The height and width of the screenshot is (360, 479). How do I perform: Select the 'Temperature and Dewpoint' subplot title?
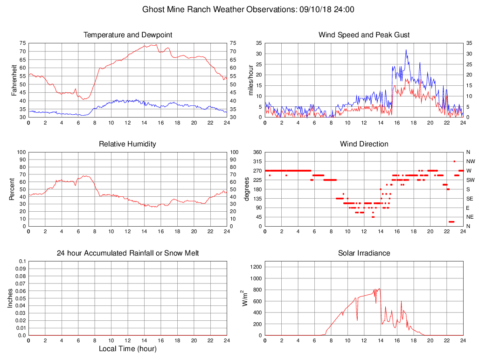[128, 35]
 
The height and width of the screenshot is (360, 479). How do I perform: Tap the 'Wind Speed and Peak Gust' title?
[364, 35]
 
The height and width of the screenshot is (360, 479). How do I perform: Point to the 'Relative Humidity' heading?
[128, 144]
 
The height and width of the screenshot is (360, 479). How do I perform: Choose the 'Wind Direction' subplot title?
[364, 144]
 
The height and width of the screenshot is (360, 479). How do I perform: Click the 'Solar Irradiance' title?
[364, 253]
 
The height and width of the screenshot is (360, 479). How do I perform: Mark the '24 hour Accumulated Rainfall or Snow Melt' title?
[128, 253]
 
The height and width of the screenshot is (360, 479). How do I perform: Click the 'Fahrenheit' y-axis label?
[14, 80]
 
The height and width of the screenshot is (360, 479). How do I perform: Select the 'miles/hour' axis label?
[250, 80]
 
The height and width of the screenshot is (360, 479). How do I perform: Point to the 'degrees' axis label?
[247, 189]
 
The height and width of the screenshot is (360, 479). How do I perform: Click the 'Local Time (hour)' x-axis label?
[128, 349]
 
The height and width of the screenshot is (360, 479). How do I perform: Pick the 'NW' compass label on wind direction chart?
[470, 161]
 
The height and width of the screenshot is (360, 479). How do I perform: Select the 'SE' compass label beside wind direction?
[469, 198]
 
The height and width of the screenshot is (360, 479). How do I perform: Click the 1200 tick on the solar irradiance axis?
[256, 267]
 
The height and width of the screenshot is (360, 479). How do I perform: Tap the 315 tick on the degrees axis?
[257, 161]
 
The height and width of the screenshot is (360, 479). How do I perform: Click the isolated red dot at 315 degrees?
[454, 161]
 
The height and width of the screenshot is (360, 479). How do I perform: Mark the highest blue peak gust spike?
[406, 50]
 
